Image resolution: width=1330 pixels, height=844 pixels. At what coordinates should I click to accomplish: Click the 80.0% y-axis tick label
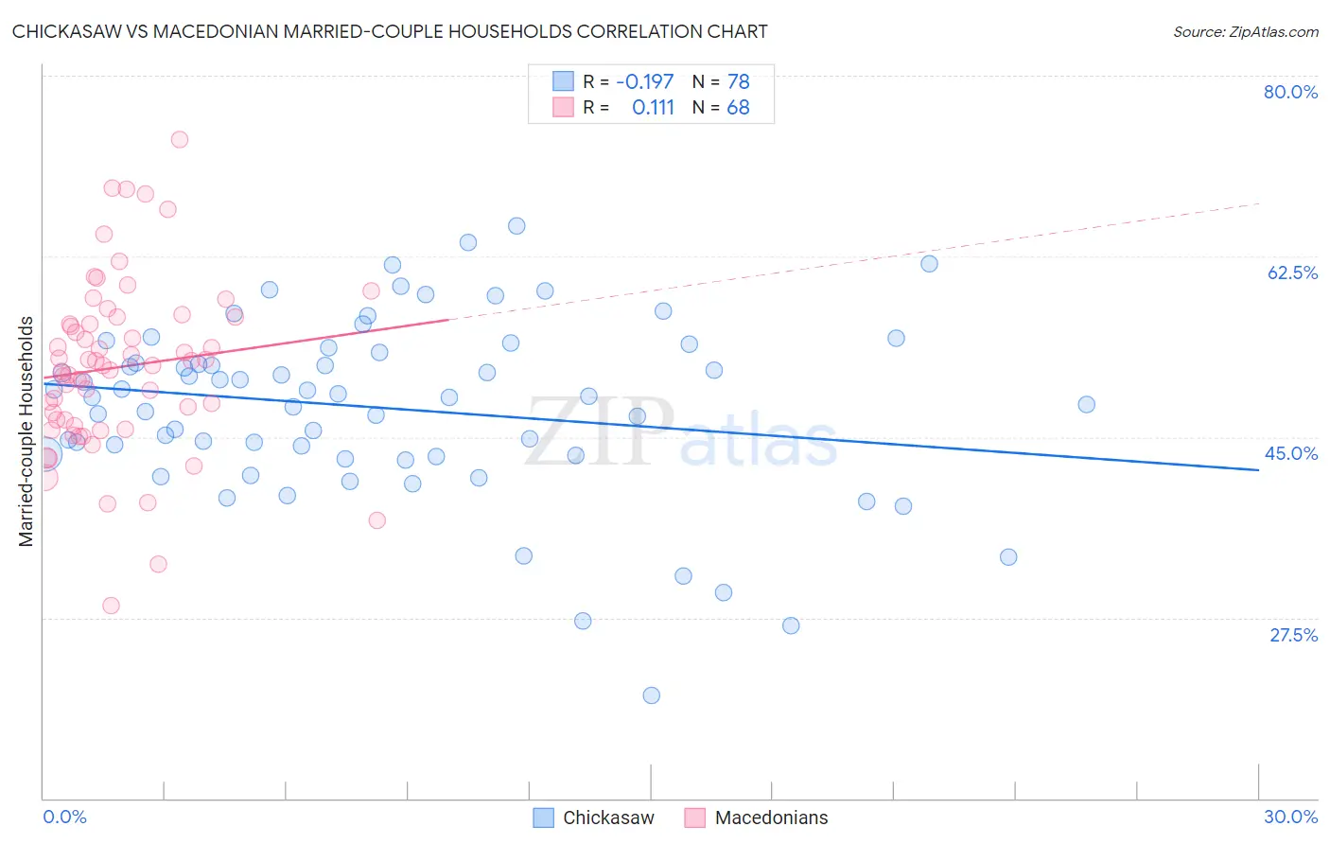1290,92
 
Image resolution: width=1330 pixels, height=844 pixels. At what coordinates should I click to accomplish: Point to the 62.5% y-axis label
1292,273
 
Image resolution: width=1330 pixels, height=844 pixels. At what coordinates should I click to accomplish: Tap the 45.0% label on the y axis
1291,453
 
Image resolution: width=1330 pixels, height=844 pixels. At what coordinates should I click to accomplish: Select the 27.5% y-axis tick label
1293,635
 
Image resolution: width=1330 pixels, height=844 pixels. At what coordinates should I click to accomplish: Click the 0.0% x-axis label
64,817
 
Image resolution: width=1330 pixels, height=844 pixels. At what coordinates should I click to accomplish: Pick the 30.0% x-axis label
1290,817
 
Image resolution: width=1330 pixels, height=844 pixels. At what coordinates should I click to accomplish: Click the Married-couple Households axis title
26,431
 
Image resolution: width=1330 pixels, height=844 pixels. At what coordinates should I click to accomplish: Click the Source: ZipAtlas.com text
1245,31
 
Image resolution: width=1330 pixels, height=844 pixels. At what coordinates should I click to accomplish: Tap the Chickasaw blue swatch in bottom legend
543,818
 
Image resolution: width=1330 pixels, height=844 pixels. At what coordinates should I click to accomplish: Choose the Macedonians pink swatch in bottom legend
695,818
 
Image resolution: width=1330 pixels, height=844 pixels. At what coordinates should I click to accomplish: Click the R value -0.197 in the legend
644,82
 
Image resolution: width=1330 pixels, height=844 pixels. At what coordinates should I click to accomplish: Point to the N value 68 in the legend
738,108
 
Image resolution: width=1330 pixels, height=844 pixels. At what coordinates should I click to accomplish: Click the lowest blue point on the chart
651,695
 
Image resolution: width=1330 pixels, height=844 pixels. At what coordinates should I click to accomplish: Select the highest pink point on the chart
179,139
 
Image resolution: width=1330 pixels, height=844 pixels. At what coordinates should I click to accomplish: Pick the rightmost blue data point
1086,404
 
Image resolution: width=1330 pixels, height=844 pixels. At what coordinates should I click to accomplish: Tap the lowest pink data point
111,606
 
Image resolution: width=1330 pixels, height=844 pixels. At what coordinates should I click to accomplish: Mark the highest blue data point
516,225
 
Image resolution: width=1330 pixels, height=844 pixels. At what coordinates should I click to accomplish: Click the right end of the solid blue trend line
1259,469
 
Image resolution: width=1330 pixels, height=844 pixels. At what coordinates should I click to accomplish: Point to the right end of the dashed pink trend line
1259,203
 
